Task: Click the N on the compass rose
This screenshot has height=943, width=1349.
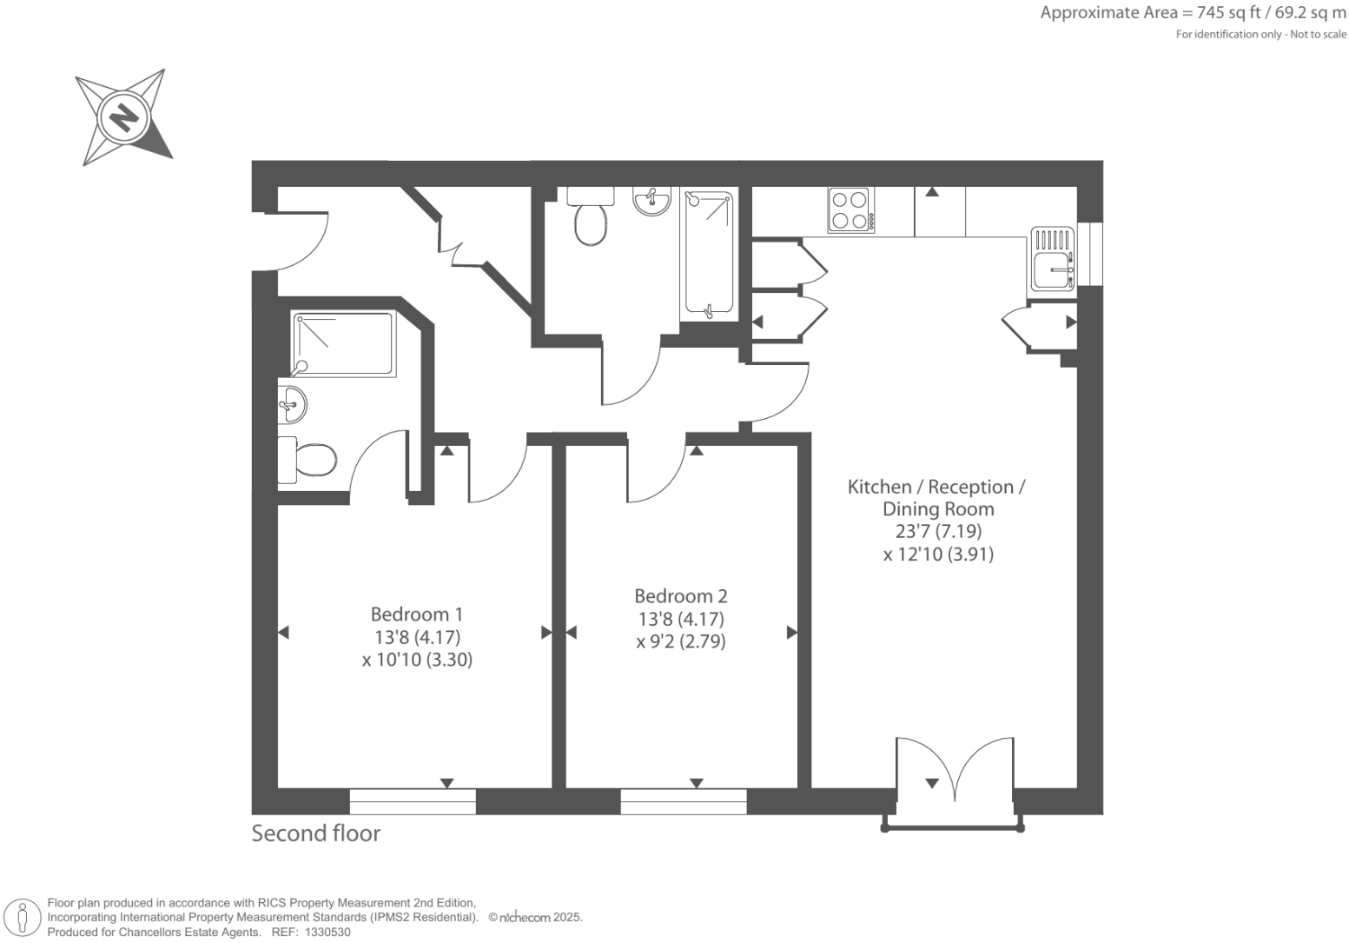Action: tap(124, 116)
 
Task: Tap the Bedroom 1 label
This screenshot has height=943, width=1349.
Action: tap(416, 614)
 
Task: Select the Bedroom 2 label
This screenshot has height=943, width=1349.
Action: tap(680, 596)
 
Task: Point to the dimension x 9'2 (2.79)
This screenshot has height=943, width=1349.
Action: tap(680, 641)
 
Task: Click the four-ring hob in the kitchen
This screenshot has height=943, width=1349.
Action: tap(850, 209)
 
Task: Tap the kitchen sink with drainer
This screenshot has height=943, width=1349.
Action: tap(1053, 259)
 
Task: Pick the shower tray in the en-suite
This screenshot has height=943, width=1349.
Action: tap(344, 344)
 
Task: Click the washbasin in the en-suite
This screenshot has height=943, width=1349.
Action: tap(293, 404)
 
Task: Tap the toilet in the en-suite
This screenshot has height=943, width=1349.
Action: tap(308, 460)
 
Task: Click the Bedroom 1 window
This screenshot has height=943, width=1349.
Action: tap(413, 801)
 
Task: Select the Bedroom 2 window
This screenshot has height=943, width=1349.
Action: tap(684, 801)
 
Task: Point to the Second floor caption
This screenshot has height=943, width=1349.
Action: tap(315, 833)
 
